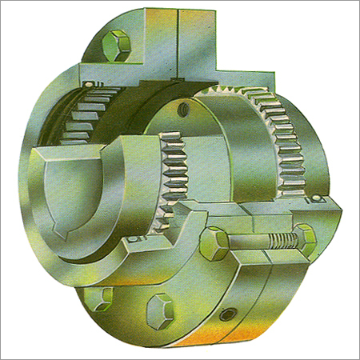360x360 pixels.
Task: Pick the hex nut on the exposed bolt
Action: (x=304, y=236)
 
